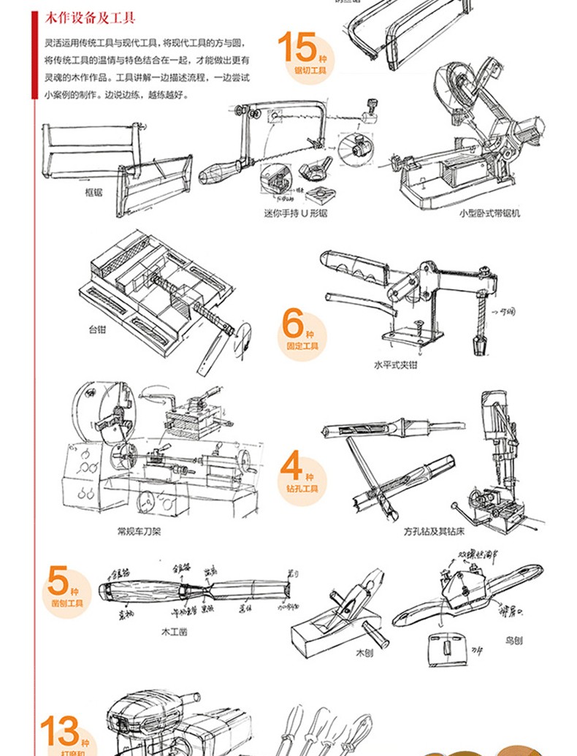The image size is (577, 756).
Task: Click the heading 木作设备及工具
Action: [91, 18]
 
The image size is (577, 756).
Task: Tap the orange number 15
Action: [297, 48]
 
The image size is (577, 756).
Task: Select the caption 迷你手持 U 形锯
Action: [295, 214]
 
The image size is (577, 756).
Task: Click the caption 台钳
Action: [97, 329]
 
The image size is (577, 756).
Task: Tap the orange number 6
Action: [293, 322]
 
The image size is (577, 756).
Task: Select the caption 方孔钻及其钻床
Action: [434, 531]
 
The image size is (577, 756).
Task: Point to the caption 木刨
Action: [364, 652]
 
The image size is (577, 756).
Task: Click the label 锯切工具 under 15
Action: [310, 71]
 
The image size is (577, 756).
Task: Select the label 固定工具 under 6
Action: [302, 345]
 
